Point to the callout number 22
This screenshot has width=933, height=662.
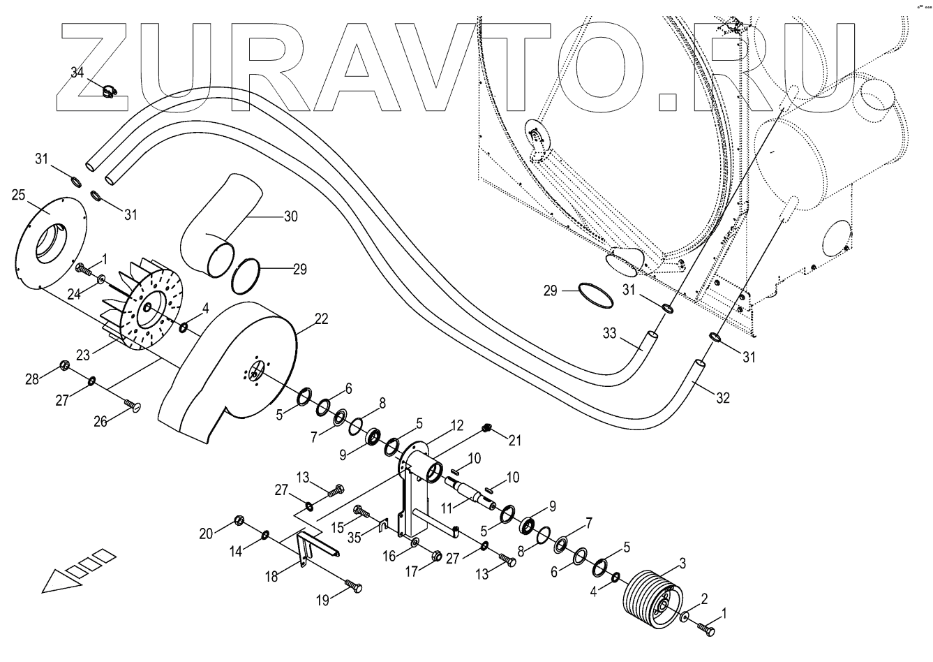321,318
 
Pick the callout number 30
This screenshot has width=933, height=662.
290,216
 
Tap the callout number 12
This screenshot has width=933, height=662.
456,425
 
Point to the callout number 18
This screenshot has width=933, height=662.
271,577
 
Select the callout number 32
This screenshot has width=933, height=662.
723,398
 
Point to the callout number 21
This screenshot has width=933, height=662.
516,440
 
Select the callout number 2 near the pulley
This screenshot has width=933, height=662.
704,599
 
